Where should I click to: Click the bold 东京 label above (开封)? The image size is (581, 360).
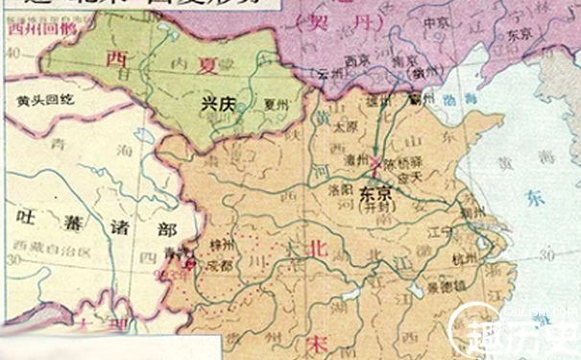tap(372, 191)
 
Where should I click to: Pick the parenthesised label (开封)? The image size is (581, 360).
tap(372, 204)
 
